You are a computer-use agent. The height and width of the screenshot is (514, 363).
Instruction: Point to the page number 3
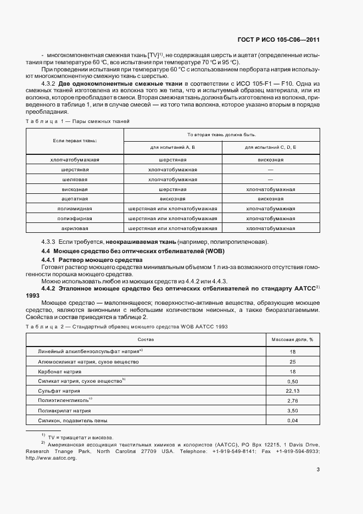[318, 469]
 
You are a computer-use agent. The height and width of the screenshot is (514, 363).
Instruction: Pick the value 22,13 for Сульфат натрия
[292, 390]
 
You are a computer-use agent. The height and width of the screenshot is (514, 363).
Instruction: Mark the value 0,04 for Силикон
[292, 420]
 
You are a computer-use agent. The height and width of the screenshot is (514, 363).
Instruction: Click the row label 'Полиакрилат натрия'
[64, 410]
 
